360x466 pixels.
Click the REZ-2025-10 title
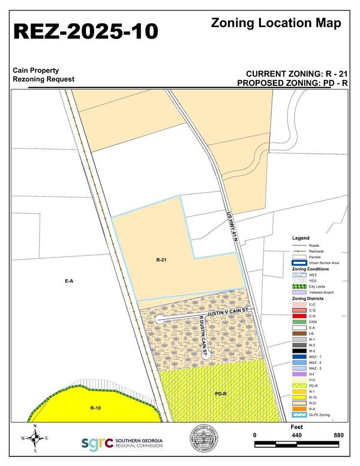pyautogui.click(x=85, y=32)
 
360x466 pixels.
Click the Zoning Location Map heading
pyautogui.click(x=276, y=23)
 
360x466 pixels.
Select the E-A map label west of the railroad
pyautogui.click(x=70, y=280)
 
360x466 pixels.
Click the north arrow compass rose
pyautogui.click(x=35, y=438)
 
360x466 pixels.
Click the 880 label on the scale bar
pyautogui.click(x=338, y=435)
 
